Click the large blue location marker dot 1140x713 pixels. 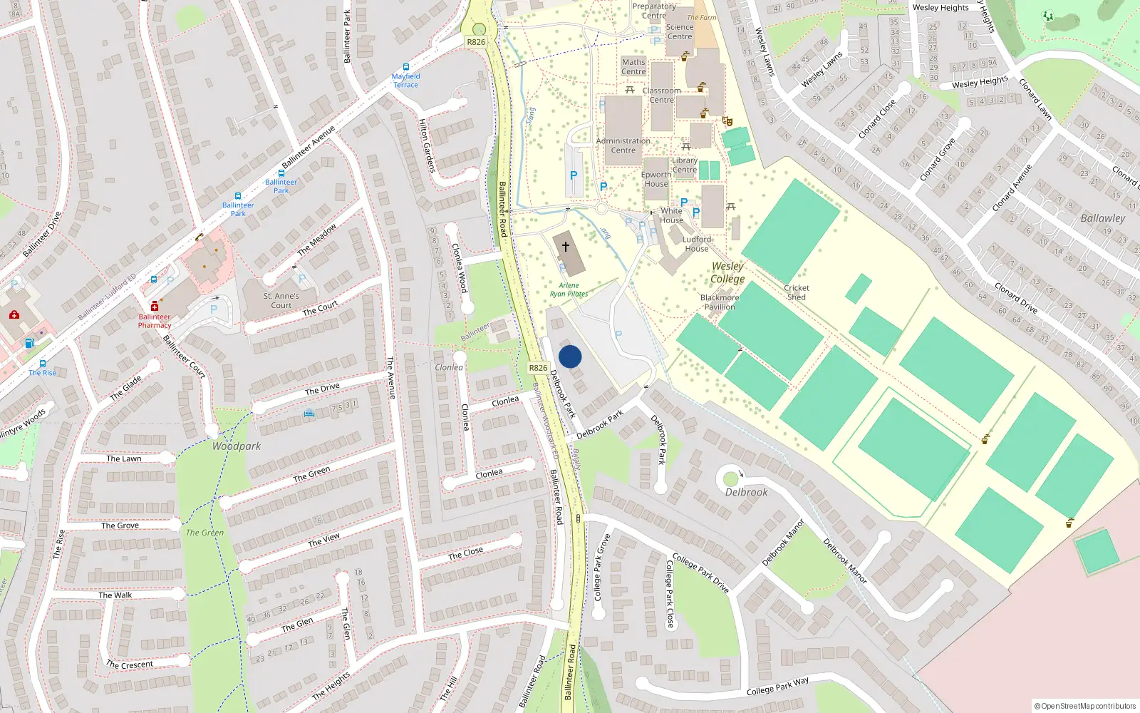click(x=570, y=356)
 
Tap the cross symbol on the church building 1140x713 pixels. click(x=566, y=247)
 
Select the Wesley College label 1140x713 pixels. click(x=727, y=272)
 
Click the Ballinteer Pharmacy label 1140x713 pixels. click(x=155, y=321)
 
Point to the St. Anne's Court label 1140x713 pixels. click(x=281, y=300)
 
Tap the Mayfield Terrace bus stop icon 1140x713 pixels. click(x=406, y=67)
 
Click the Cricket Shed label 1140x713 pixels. click(x=797, y=292)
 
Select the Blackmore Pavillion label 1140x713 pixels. click(x=720, y=302)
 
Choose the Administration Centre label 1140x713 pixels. click(x=623, y=145)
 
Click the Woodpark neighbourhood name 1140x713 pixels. click(x=237, y=446)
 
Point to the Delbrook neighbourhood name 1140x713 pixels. click(x=747, y=492)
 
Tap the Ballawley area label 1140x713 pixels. click(x=1103, y=218)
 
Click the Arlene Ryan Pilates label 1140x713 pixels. click(x=569, y=289)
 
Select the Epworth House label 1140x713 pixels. click(x=656, y=179)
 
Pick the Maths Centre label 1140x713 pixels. click(x=633, y=67)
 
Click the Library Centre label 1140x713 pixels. click(x=684, y=165)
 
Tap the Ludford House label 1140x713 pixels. click(x=697, y=244)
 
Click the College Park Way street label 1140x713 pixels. click(x=778, y=687)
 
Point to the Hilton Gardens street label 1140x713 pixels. click(x=427, y=145)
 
